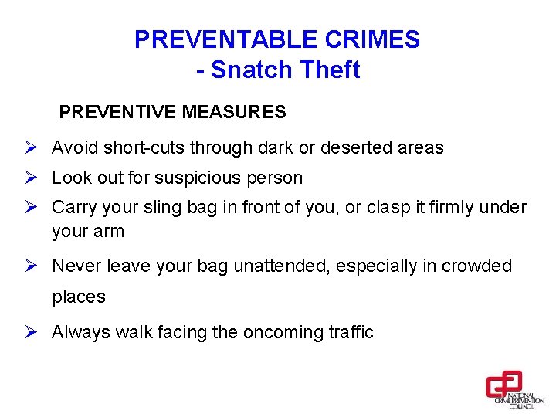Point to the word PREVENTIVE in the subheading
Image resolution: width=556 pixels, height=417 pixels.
(x=118, y=113)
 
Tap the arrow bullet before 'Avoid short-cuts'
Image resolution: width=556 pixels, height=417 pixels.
(x=32, y=147)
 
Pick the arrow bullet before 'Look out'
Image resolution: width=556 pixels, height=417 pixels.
(x=32, y=178)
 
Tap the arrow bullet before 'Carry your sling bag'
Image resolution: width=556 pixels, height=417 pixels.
(x=32, y=207)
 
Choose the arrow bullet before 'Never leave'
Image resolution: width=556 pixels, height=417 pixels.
(x=32, y=266)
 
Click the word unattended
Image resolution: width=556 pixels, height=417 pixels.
(x=279, y=266)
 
